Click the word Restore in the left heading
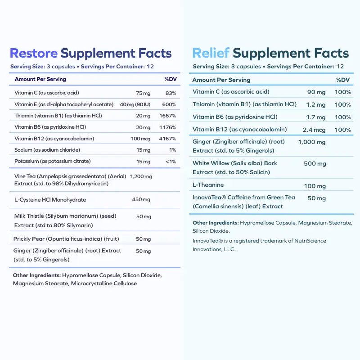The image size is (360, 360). click(x=34, y=53)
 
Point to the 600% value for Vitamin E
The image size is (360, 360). click(x=169, y=104)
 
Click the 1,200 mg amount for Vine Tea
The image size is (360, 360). click(x=140, y=177)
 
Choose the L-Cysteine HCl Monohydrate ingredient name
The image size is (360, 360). click(x=50, y=200)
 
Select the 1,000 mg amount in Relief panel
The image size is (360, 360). click(x=311, y=142)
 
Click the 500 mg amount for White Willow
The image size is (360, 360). click(x=315, y=164)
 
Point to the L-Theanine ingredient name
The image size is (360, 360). click(x=208, y=185)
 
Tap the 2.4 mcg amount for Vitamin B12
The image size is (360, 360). click(x=313, y=130)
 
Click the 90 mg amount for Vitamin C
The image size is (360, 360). click(x=316, y=92)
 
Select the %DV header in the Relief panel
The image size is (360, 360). click(x=343, y=80)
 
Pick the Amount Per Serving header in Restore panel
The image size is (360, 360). click(x=40, y=79)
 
